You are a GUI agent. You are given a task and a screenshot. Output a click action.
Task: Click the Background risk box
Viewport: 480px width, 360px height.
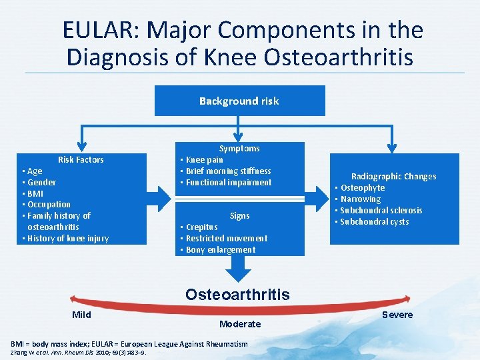point(239,101)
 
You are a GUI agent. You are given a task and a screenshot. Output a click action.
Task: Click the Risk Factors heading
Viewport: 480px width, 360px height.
point(81,159)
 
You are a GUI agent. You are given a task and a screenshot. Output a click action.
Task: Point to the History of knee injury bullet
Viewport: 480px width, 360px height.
point(68,239)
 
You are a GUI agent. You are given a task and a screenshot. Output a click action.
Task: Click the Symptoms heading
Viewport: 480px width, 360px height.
point(239,148)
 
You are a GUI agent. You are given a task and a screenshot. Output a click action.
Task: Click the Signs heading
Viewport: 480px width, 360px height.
point(239,216)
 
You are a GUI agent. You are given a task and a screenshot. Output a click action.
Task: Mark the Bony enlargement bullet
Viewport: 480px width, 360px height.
point(220,250)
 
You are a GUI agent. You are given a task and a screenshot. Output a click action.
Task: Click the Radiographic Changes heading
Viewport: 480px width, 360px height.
point(393,177)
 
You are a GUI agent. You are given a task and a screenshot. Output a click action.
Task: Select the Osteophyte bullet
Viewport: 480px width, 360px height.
point(363,188)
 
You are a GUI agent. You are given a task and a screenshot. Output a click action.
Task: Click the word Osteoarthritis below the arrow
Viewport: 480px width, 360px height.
point(237,295)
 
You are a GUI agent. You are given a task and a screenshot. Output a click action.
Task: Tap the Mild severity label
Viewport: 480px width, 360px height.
point(81,315)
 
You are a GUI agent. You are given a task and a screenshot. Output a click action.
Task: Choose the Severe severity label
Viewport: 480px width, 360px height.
point(397,315)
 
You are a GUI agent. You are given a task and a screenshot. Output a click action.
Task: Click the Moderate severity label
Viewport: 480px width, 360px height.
point(239,324)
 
